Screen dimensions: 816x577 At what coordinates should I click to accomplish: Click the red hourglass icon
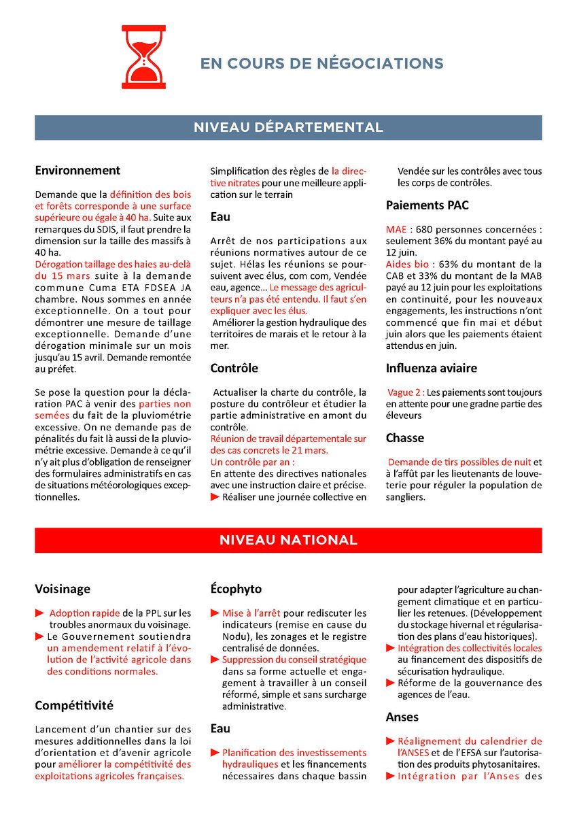(x=143, y=52)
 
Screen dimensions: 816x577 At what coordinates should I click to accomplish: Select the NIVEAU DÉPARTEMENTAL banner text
(x=288, y=127)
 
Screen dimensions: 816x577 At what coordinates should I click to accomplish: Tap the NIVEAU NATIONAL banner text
(x=288, y=540)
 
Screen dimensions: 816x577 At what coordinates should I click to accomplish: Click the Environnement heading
(x=77, y=171)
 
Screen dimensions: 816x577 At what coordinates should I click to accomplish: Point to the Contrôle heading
(x=234, y=368)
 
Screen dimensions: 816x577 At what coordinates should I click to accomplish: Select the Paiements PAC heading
(x=427, y=205)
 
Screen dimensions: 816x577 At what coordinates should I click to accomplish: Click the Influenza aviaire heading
(x=432, y=368)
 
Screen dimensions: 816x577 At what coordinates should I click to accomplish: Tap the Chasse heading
(x=405, y=437)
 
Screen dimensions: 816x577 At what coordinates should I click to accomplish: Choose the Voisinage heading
(x=63, y=589)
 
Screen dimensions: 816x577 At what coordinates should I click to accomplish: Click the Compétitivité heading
(x=74, y=705)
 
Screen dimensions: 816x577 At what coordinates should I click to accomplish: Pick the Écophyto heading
(x=236, y=589)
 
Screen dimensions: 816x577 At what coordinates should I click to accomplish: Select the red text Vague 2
(x=406, y=392)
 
